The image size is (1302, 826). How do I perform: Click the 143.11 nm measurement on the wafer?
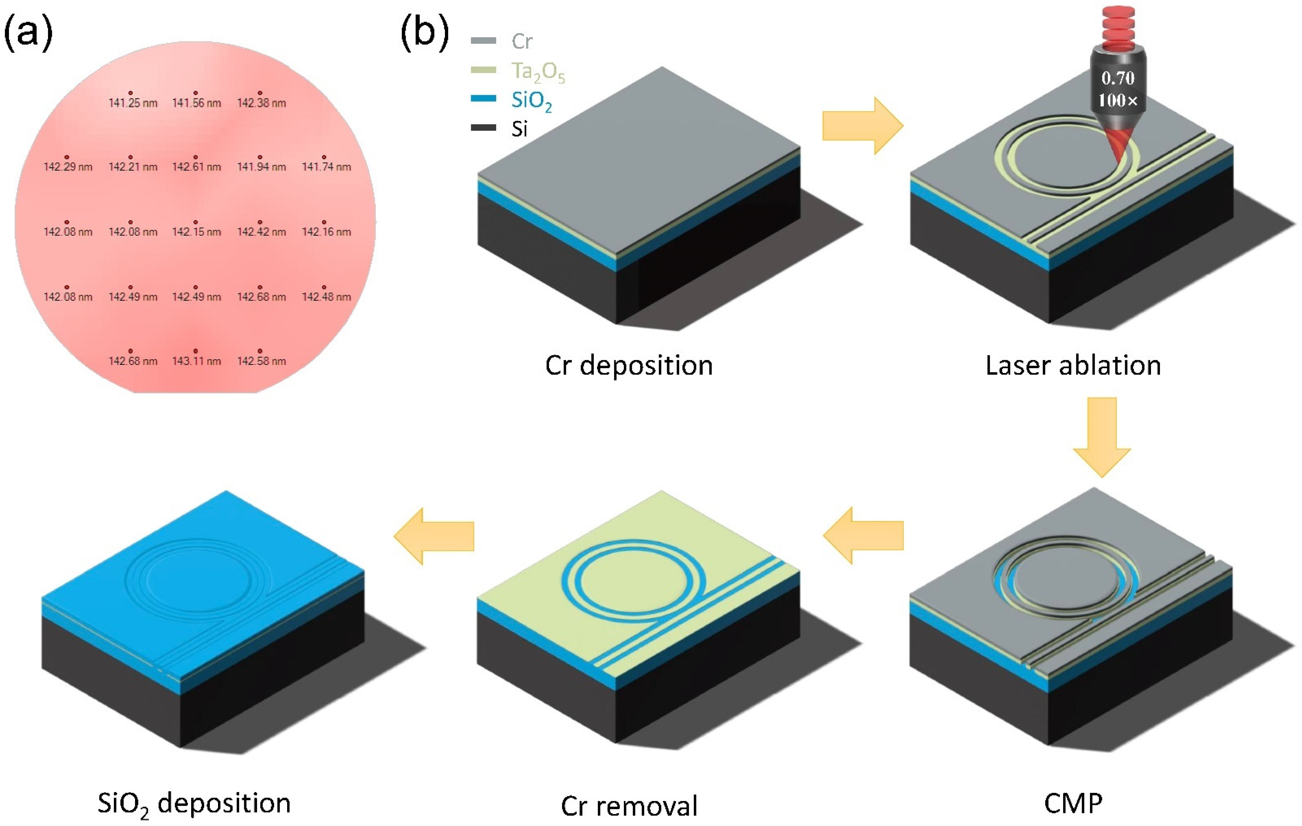[x=196, y=361]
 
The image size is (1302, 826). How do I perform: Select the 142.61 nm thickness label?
[x=196, y=167]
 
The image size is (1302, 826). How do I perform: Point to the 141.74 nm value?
[x=326, y=167]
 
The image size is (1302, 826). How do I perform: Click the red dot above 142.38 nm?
[x=260, y=93]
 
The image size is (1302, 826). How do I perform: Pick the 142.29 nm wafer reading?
[x=68, y=167]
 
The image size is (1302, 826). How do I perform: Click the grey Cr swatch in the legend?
[x=483, y=41]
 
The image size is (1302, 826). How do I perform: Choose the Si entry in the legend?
[x=519, y=129]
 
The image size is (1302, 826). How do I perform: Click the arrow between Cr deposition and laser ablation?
[x=862, y=126]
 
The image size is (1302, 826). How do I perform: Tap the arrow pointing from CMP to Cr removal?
[x=864, y=535]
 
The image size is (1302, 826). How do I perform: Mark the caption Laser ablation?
[x=1073, y=365]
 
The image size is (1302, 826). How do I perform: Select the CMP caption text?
[x=1073, y=803]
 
